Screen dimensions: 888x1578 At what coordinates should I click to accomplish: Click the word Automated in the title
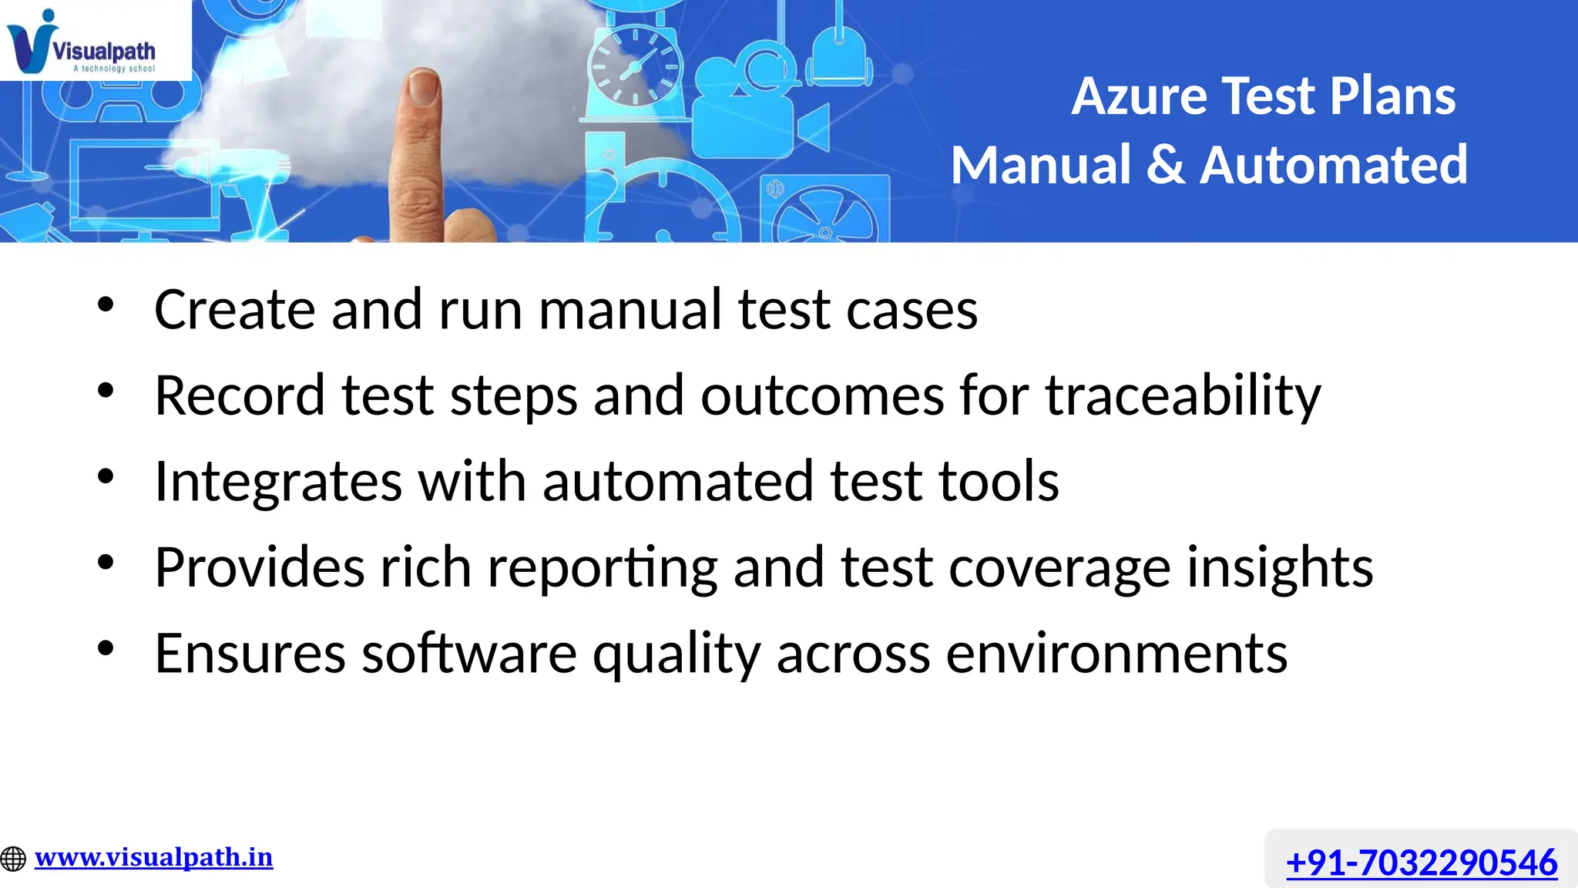(x=1334, y=165)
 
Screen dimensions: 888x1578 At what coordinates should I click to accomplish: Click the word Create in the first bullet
(x=235, y=310)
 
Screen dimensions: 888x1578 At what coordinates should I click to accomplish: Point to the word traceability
(x=1183, y=395)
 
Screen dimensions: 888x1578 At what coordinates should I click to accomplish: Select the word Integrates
(x=278, y=482)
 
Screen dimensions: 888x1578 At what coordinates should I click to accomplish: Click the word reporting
(x=602, y=568)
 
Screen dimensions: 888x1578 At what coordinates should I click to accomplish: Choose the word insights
(x=1280, y=567)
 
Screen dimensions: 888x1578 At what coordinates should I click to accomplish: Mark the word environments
(x=1116, y=654)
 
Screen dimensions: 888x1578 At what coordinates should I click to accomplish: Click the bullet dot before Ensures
(x=106, y=648)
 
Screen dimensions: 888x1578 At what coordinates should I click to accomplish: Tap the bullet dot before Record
(x=106, y=390)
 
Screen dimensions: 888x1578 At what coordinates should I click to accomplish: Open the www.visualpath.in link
(x=153, y=857)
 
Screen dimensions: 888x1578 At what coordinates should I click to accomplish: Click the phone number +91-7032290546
(x=1422, y=862)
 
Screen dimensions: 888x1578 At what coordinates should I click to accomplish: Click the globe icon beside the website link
(x=13, y=858)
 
